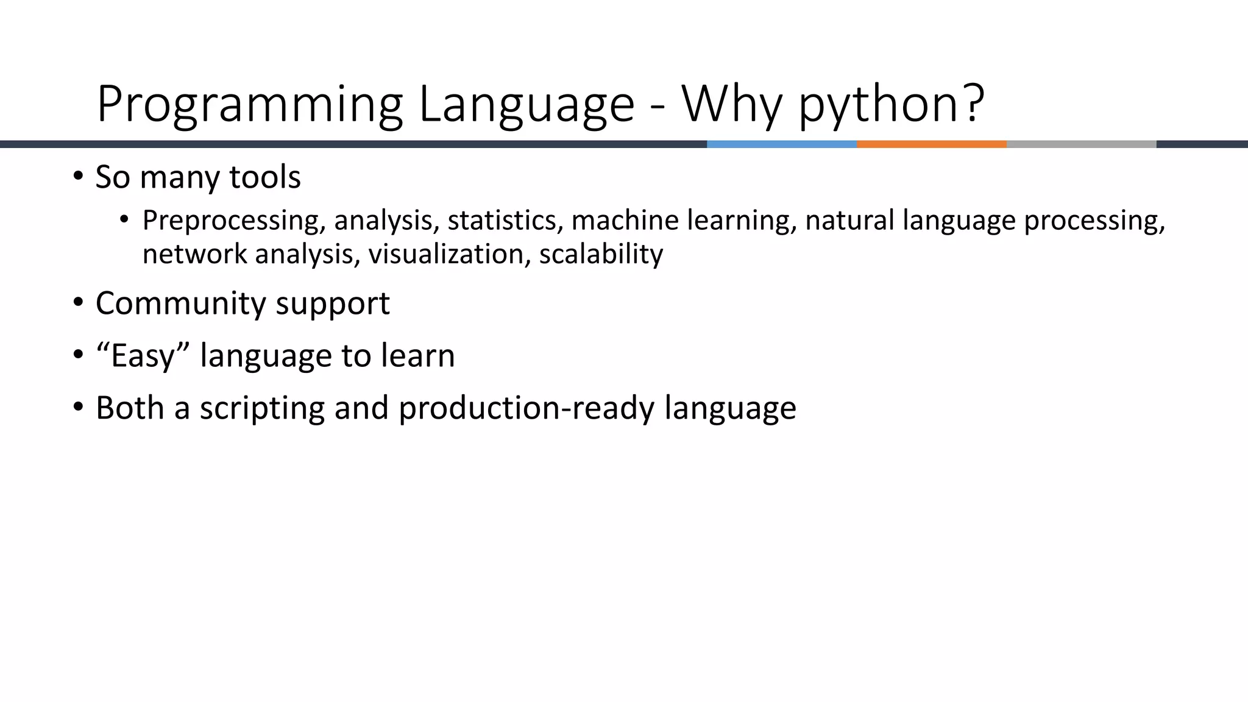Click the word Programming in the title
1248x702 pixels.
point(249,105)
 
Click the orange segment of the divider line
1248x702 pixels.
point(931,144)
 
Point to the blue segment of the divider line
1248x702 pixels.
point(781,144)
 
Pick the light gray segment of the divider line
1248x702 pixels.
point(1081,144)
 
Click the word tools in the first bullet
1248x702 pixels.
point(264,177)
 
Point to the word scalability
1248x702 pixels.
point(601,254)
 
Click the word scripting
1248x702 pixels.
point(262,408)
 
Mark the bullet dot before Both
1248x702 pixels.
point(77,407)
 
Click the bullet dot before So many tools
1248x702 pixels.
point(77,177)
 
